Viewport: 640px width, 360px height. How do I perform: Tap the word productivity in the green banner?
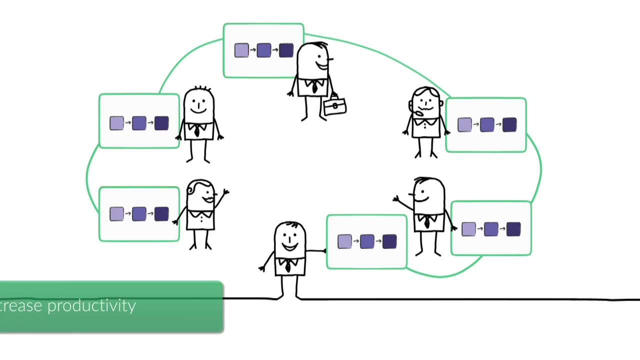click(91, 306)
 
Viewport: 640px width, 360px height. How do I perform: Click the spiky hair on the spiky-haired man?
click(200, 90)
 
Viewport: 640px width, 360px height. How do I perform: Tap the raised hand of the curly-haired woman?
click(225, 191)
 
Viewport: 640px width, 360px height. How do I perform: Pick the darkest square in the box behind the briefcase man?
click(286, 50)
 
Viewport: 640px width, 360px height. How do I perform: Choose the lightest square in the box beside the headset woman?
click(464, 125)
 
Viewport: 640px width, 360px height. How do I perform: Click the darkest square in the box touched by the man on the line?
click(389, 242)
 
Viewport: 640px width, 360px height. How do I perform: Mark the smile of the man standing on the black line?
click(290, 246)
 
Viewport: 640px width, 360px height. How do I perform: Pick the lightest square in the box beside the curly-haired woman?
click(116, 214)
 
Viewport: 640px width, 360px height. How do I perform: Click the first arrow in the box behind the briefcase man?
click(252, 50)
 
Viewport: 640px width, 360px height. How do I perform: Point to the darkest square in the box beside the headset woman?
click(509, 125)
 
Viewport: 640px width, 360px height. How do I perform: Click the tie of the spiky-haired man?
click(197, 131)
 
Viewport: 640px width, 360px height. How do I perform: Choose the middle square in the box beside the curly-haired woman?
click(139, 214)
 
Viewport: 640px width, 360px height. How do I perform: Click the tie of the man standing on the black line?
click(288, 266)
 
